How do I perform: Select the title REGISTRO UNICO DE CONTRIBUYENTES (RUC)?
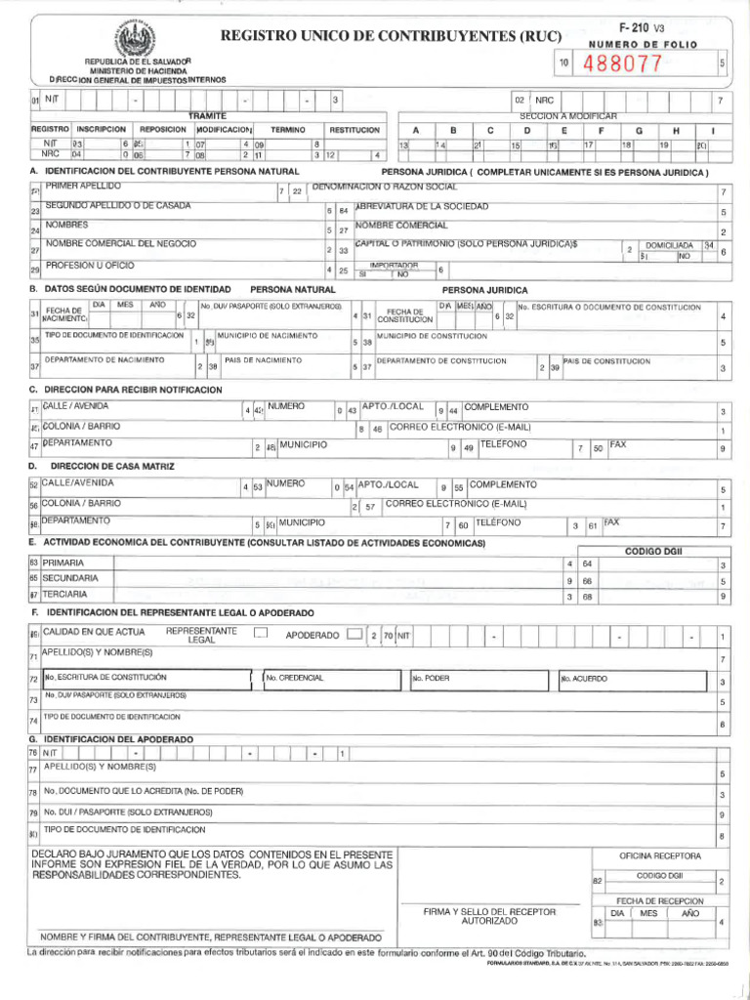click(x=392, y=36)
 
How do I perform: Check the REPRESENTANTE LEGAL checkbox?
click(x=260, y=633)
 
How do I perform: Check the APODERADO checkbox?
click(x=352, y=634)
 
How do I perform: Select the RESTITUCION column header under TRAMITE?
click(x=354, y=129)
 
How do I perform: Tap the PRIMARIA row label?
click(x=62, y=563)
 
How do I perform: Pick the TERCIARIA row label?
click(x=64, y=594)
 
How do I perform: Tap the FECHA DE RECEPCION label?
click(x=659, y=900)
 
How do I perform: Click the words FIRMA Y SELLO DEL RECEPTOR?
click(x=489, y=911)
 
